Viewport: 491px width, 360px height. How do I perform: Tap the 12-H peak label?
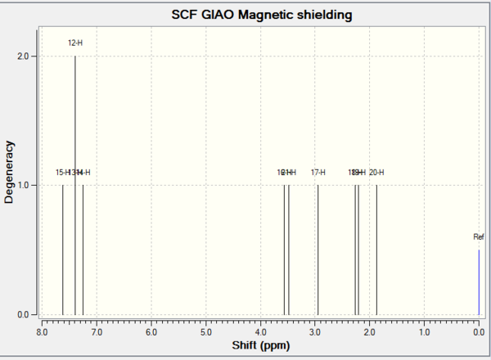pos(75,42)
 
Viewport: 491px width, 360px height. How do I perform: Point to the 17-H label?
pos(318,173)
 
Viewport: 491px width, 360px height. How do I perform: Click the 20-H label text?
pos(376,173)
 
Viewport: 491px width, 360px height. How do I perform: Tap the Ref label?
pos(479,237)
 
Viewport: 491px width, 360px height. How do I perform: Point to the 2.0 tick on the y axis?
pos(25,56)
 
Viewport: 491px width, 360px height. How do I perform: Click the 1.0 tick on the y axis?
pos(25,186)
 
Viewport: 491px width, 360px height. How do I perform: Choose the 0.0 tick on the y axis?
pos(25,315)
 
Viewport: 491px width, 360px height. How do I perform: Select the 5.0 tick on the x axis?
pos(206,331)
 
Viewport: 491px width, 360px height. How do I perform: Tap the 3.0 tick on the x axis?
pos(315,331)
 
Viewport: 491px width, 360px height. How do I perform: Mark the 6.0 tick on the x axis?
pos(151,331)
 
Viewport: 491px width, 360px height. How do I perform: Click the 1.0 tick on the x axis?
pos(424,331)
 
